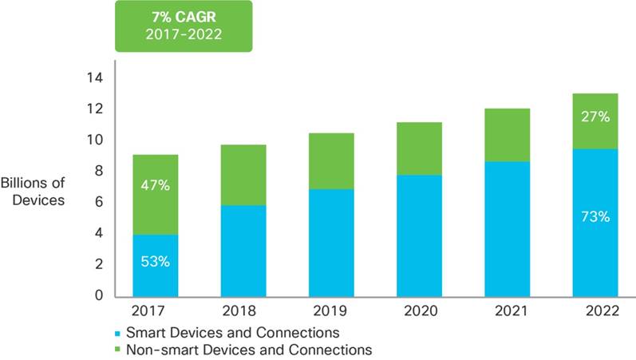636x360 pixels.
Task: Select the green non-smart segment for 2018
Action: tap(243, 175)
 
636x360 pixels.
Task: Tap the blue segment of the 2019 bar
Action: tap(331, 243)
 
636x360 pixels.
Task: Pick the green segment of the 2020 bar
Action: tap(419, 148)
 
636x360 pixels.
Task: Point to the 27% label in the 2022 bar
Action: tap(595, 117)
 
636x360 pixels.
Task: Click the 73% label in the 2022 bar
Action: tap(595, 216)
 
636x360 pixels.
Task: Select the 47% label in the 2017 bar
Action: tap(156, 185)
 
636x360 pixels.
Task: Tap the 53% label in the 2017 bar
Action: tap(156, 263)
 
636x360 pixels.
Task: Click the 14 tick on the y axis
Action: tap(95, 78)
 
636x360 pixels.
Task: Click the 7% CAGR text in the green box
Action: tap(184, 15)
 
